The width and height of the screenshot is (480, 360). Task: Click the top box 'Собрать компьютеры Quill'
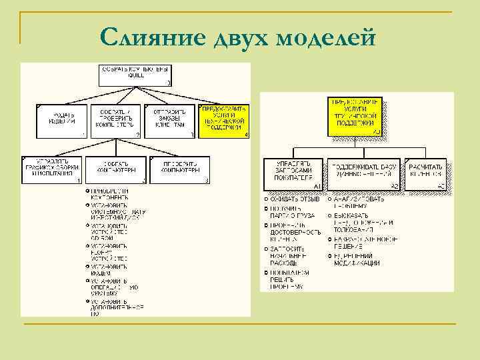point(135,75)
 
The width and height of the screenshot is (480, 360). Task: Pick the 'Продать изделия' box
point(60,121)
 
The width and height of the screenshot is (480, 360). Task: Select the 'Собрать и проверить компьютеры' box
point(116,121)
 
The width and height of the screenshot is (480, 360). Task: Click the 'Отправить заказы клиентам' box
point(171,121)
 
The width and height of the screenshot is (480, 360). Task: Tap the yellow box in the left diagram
point(224,121)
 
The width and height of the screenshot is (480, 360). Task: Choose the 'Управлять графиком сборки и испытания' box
point(51,169)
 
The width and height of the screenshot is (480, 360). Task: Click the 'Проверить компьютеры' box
point(180,169)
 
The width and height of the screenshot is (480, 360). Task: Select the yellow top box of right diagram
point(355,117)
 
